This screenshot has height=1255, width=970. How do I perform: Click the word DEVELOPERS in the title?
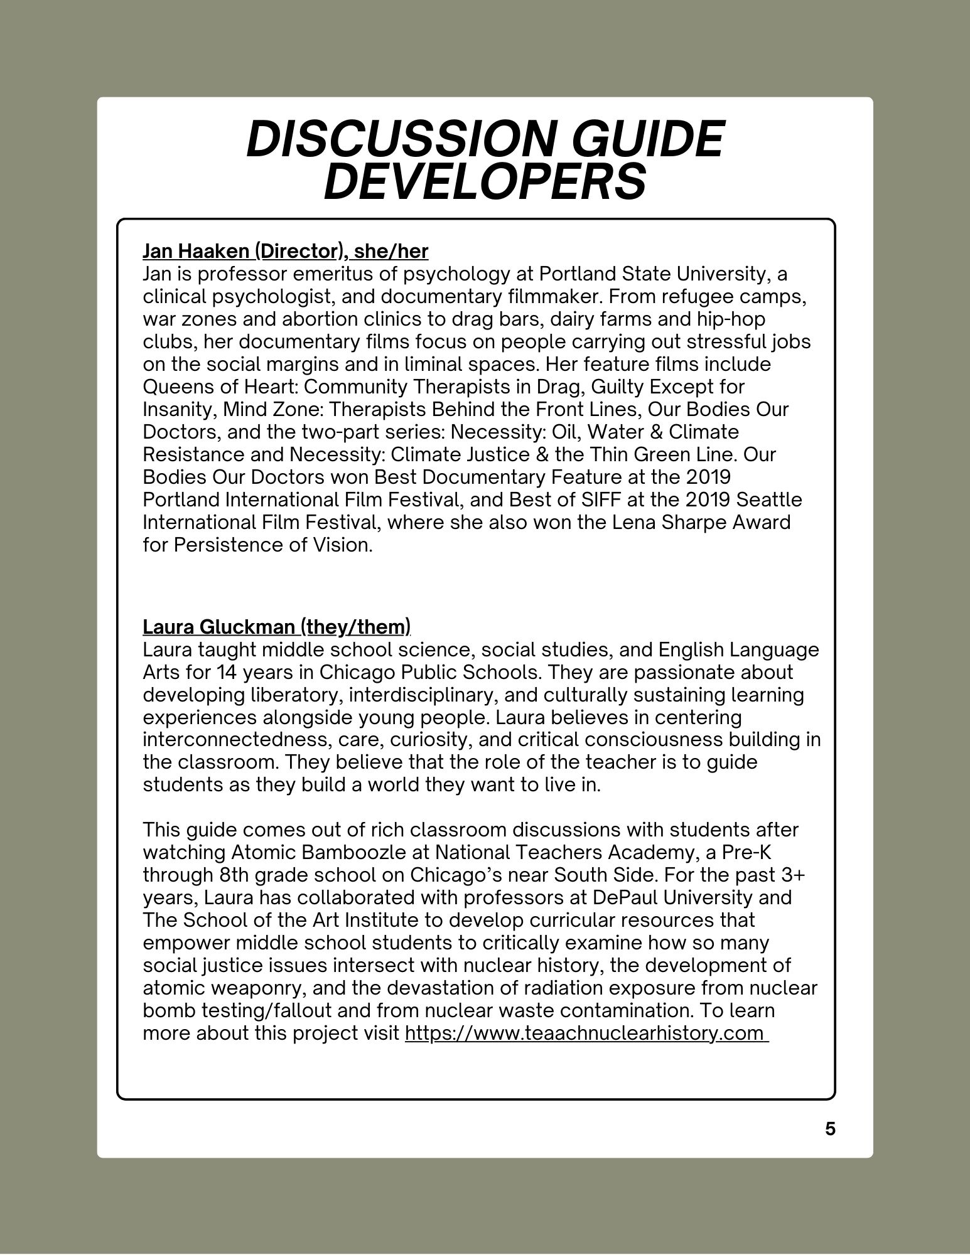click(485, 181)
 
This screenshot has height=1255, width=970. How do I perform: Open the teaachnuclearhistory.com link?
click(586, 1032)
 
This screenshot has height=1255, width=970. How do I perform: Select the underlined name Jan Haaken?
click(196, 251)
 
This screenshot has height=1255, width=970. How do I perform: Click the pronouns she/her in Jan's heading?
click(391, 251)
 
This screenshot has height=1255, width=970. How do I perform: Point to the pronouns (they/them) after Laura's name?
click(355, 626)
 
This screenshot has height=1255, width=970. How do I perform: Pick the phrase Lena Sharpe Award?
click(701, 522)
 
